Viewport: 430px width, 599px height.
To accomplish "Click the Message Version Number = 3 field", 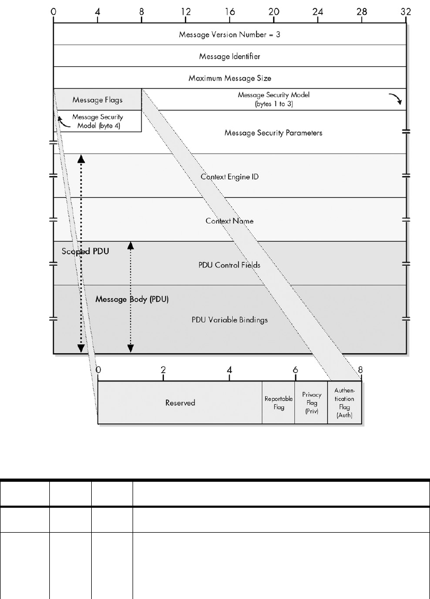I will [x=230, y=34].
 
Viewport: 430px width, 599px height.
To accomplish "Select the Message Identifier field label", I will [x=230, y=56].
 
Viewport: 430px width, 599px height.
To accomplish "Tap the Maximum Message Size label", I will [x=230, y=78].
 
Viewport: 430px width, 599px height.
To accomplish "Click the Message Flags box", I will [x=98, y=99].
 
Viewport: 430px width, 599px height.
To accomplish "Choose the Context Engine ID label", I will [x=230, y=176].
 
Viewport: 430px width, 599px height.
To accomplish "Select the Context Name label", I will [x=230, y=220].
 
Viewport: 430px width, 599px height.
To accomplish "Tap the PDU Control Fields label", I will [x=230, y=264].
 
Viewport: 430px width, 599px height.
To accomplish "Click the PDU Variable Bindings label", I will [x=230, y=320].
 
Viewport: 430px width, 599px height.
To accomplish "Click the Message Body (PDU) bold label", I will [x=132, y=299].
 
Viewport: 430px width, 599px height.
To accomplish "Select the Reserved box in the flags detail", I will [x=180, y=403].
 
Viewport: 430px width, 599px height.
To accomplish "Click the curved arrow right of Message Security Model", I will [x=394, y=99].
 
